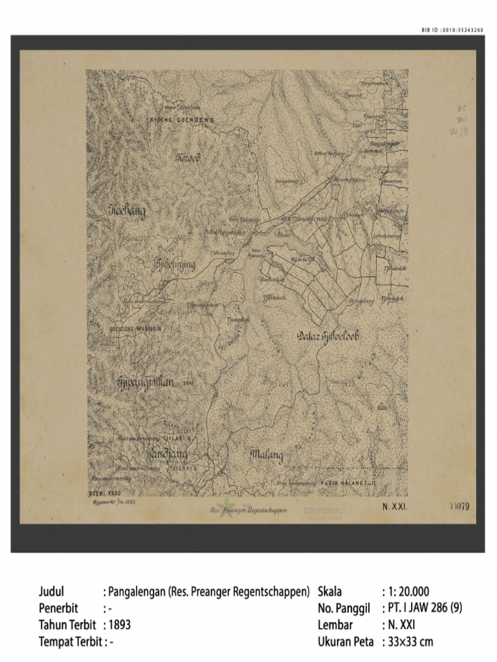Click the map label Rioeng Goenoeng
pyautogui.click(x=182, y=120)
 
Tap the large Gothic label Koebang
pyautogui.click(x=127, y=211)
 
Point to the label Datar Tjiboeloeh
pyautogui.click(x=329, y=336)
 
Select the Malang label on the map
pyautogui.click(x=267, y=456)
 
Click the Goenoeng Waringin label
pyautogui.click(x=137, y=328)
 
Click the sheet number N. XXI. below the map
pyautogui.click(x=393, y=507)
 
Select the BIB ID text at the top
pyautogui.click(x=452, y=30)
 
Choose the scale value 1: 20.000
pyautogui.click(x=405, y=591)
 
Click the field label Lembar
pyautogui.click(x=335, y=625)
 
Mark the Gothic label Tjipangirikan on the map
pyautogui.click(x=146, y=381)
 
